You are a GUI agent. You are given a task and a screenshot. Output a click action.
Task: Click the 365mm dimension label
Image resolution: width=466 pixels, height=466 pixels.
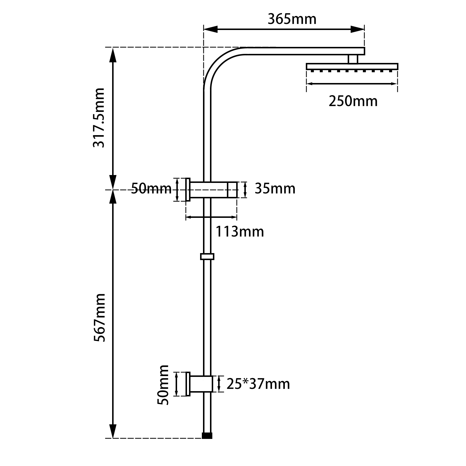(292, 20)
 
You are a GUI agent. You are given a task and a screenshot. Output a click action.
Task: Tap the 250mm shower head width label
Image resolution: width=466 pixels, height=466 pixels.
(353, 101)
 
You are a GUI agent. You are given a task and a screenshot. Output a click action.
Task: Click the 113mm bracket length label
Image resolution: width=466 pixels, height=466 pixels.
(240, 232)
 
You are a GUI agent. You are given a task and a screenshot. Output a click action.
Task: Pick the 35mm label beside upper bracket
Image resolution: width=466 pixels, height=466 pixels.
(275, 189)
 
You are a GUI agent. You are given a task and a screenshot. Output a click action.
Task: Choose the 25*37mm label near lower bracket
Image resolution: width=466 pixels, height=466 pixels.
(258, 384)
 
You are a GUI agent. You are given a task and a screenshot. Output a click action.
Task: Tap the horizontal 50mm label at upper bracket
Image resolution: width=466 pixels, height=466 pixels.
(151, 189)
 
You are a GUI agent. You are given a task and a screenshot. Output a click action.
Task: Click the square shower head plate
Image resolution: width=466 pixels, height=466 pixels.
(352, 66)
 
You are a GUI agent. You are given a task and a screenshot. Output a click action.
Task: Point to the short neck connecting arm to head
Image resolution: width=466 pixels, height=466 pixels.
(352, 59)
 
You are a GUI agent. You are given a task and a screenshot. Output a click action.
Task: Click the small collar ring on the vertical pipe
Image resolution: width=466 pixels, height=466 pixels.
(207, 257)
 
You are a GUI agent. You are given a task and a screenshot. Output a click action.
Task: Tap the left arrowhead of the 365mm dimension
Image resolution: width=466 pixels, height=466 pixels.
(210, 29)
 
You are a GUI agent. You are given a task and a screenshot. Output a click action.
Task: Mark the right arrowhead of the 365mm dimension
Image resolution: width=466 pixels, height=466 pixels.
(358, 29)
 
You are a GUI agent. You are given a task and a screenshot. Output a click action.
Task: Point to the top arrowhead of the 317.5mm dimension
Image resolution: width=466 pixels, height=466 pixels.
(113, 55)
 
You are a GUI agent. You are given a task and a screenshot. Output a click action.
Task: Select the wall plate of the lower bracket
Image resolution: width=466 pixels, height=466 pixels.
(188, 384)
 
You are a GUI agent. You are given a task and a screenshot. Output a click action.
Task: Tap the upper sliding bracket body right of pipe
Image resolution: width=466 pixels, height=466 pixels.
(223, 190)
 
